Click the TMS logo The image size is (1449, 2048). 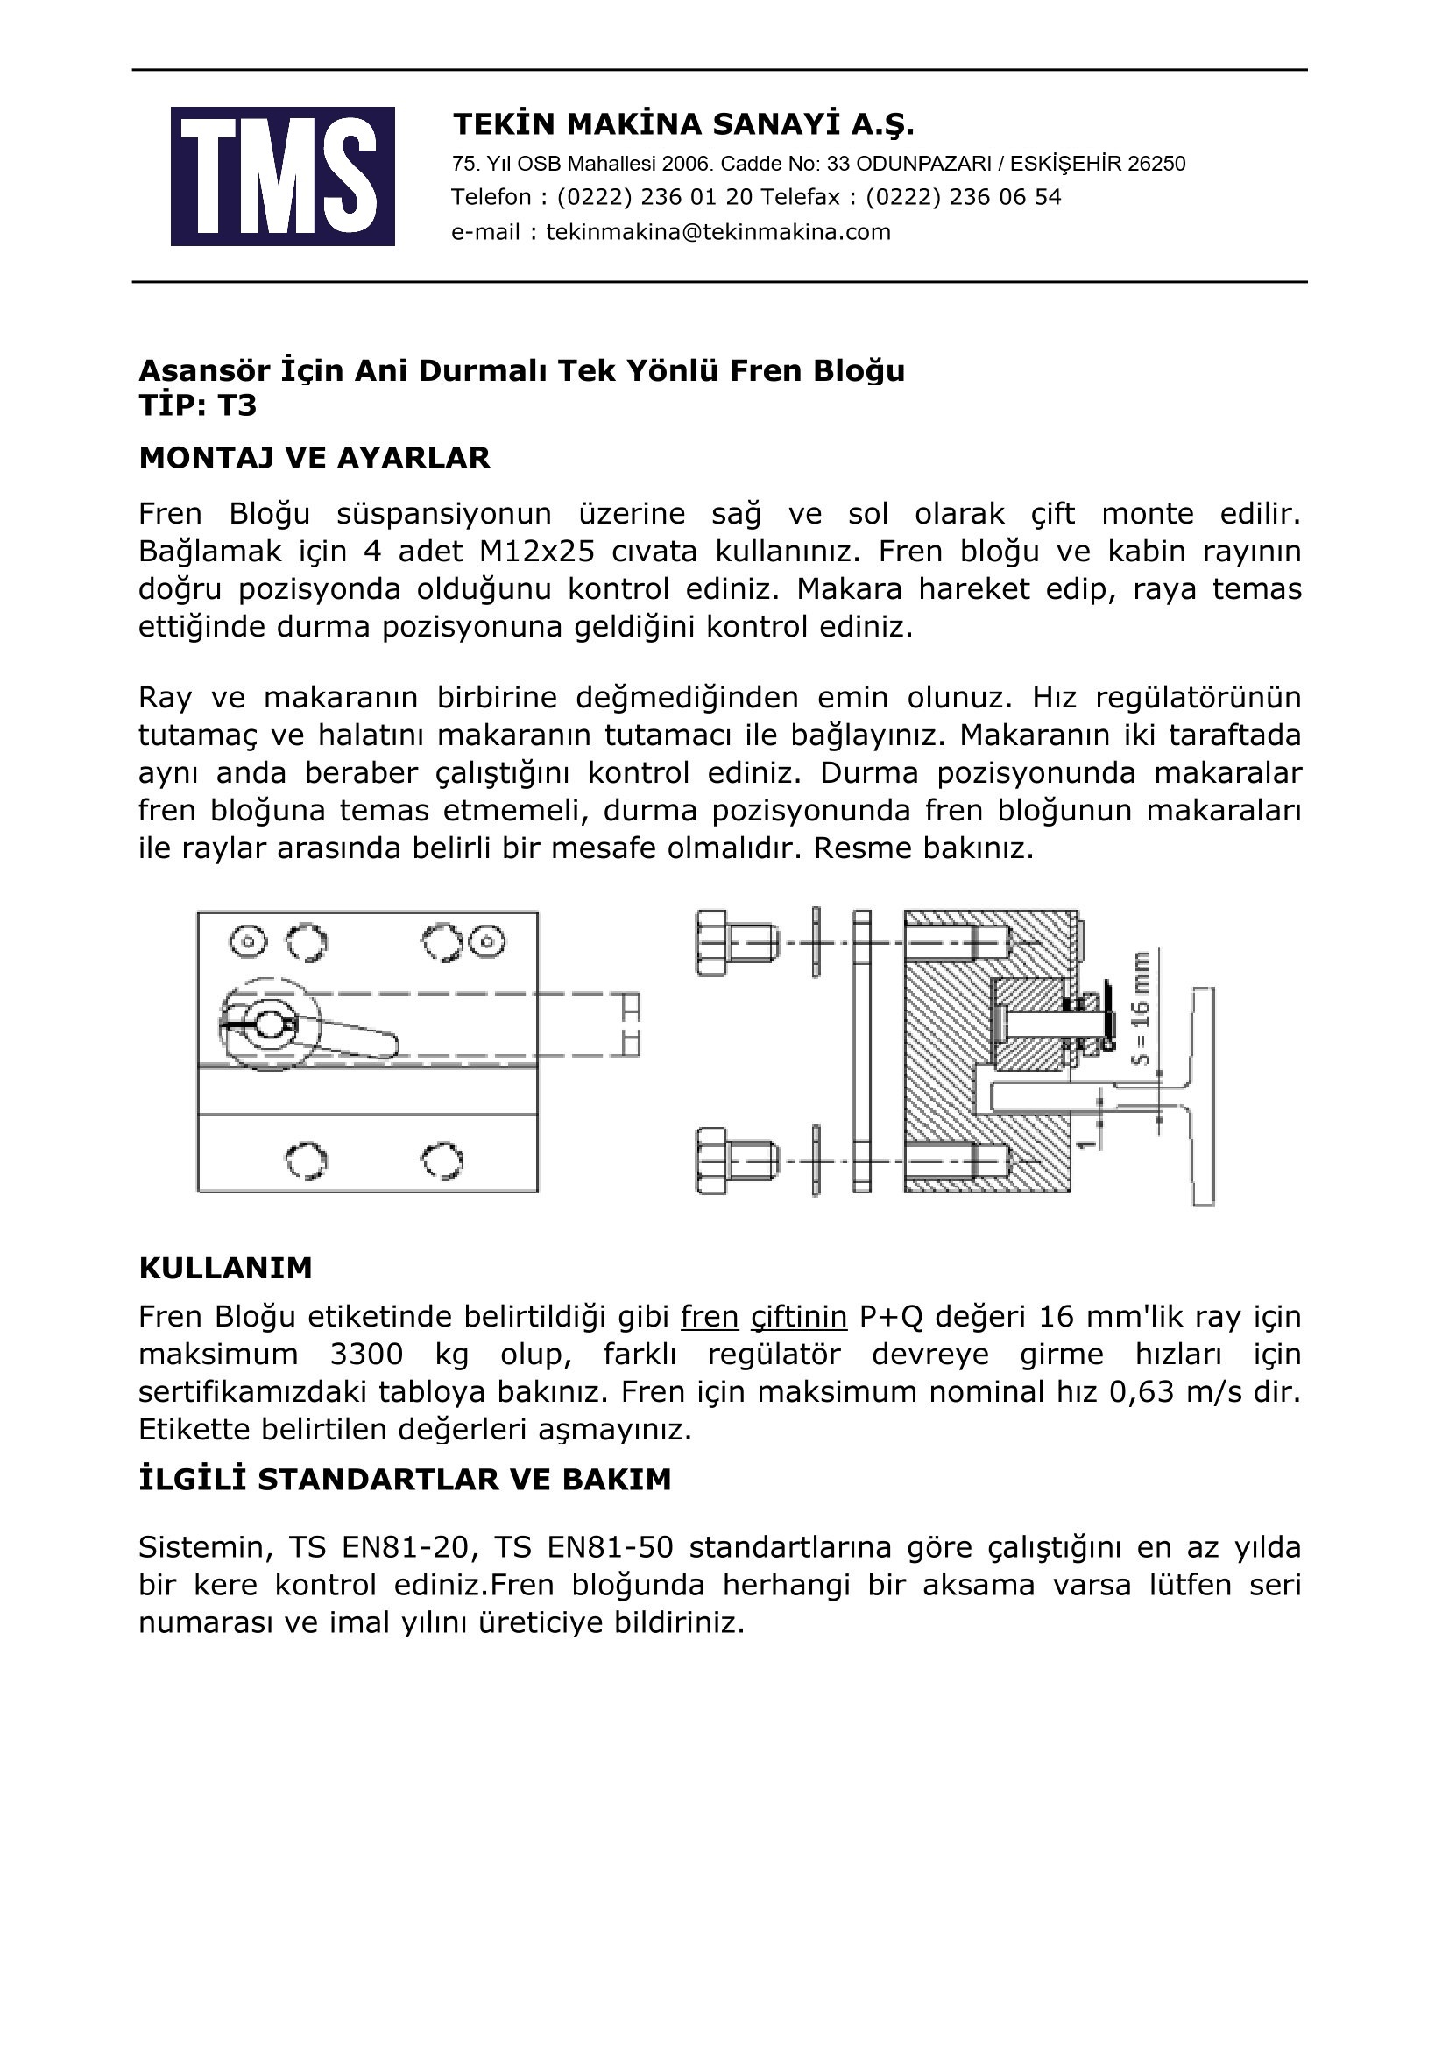282,176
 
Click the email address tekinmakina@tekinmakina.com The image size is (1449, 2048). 718,232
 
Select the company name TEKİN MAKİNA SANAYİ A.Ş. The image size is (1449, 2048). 683,124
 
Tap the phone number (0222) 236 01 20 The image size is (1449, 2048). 655,197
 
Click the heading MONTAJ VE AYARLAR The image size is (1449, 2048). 315,458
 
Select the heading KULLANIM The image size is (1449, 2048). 225,1268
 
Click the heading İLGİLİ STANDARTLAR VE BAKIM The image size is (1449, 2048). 404,1480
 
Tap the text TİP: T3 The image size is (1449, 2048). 197,406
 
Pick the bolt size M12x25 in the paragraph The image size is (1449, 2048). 536,552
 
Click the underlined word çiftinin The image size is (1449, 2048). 799,1317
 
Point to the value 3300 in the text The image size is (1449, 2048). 366,1354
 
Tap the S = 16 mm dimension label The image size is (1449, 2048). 1140,1008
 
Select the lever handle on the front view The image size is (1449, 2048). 357,1038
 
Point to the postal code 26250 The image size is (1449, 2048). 1156,164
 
